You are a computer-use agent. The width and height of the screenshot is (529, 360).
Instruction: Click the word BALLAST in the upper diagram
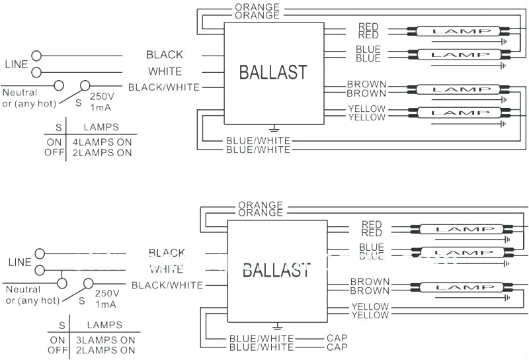(x=273, y=72)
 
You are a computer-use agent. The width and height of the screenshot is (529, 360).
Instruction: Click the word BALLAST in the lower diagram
(x=276, y=270)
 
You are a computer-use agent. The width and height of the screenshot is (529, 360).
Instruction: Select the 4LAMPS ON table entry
(x=102, y=142)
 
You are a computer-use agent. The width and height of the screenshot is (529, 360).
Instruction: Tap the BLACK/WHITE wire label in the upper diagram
(x=163, y=87)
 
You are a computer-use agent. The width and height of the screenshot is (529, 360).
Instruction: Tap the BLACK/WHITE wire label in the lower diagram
(x=167, y=285)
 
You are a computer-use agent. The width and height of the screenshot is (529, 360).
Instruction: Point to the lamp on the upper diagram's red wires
(x=458, y=31)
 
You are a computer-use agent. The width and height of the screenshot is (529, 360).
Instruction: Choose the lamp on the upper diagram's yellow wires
(x=458, y=112)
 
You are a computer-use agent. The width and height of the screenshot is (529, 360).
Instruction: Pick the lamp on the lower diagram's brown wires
(x=461, y=287)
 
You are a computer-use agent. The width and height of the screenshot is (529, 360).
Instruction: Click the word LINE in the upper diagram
(x=17, y=64)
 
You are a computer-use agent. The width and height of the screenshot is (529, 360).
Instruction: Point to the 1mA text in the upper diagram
(x=101, y=107)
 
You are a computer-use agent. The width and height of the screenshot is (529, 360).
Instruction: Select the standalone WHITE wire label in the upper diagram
(x=165, y=71)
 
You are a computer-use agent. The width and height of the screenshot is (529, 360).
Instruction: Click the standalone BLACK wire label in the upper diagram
(x=165, y=55)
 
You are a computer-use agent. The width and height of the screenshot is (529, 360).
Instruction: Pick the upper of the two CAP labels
(x=337, y=338)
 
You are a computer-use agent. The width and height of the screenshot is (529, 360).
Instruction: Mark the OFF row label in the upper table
(x=54, y=153)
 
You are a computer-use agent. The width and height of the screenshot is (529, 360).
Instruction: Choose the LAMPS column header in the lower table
(x=104, y=325)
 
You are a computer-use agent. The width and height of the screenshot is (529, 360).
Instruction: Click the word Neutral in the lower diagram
(x=23, y=290)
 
